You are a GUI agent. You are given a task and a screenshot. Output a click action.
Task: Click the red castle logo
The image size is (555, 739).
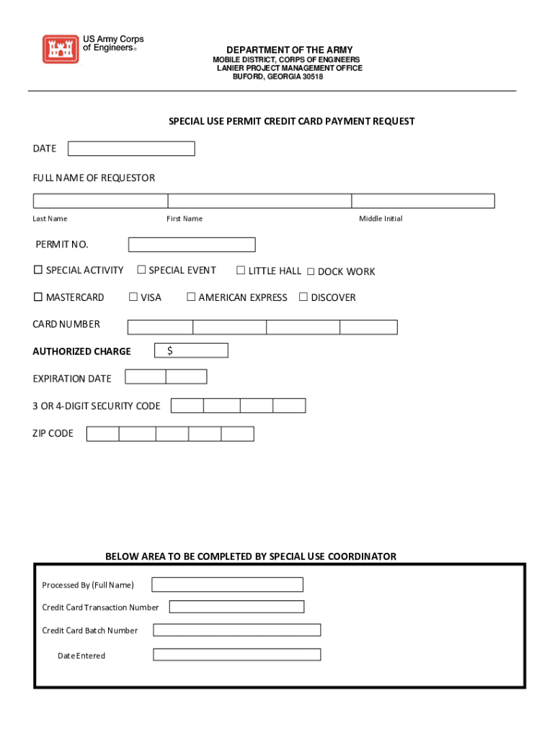point(60,49)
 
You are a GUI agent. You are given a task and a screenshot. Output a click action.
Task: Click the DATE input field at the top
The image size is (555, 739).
point(131,149)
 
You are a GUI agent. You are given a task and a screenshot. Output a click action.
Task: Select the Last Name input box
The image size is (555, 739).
point(100,201)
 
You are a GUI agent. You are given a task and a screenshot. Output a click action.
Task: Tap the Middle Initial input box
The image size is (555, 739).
point(423,201)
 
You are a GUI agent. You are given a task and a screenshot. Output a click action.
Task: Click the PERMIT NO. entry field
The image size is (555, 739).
point(192,245)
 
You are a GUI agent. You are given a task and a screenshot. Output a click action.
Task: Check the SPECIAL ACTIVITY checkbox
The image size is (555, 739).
point(38,271)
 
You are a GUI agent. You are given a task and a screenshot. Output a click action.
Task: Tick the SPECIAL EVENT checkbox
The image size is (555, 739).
point(142,271)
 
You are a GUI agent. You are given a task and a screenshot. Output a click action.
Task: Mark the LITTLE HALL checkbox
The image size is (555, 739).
point(241,271)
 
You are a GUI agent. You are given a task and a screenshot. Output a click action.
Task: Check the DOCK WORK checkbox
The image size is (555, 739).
point(311,272)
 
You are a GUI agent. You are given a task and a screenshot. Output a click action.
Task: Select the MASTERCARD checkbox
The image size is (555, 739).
point(38,297)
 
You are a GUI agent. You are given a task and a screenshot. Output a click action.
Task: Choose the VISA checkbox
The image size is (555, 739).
point(133,297)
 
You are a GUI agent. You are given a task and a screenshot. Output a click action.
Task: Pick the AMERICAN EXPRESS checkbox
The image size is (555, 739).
point(191,297)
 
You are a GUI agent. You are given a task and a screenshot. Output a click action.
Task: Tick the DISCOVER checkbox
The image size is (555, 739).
point(303,297)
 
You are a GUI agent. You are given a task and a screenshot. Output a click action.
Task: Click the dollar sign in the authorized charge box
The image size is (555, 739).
point(170,351)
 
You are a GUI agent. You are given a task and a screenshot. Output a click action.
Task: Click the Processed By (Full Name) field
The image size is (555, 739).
point(227,585)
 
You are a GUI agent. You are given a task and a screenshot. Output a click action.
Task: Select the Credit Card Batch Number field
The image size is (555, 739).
point(236,630)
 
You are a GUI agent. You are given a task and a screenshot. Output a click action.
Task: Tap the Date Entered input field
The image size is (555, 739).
point(236,655)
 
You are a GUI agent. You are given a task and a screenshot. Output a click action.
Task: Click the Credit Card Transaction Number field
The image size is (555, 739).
point(236,607)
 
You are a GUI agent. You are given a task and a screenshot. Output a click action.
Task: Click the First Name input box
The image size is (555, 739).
point(259,201)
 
